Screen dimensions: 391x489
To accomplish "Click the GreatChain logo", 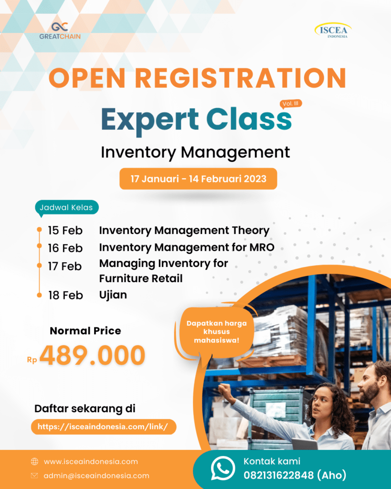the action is [x=60, y=31].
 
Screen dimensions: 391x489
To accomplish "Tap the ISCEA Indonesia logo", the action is [x=333, y=30].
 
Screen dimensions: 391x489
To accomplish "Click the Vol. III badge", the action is [x=291, y=104].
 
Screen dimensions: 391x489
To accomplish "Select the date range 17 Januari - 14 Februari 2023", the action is [x=198, y=179].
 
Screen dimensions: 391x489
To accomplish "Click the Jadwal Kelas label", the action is [x=66, y=208].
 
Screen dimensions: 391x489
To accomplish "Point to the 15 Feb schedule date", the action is [x=65, y=231].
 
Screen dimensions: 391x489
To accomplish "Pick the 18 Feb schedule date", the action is [x=65, y=295].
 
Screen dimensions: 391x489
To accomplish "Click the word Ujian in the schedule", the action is [x=113, y=295].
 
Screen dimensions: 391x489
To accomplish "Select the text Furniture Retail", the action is [x=141, y=278].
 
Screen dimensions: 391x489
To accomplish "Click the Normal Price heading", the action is [x=85, y=330].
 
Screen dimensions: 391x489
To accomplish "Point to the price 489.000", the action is [x=92, y=355].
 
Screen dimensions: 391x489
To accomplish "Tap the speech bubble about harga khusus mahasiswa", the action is [x=216, y=332].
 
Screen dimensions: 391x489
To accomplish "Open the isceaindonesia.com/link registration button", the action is [x=104, y=426].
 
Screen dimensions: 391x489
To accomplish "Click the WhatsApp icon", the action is [x=222, y=468].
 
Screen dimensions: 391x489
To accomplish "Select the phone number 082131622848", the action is [x=278, y=475].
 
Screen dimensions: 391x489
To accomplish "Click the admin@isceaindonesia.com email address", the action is [x=96, y=476].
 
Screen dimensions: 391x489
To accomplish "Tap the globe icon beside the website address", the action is [x=34, y=462].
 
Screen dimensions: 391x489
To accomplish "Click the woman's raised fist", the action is [x=224, y=390].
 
